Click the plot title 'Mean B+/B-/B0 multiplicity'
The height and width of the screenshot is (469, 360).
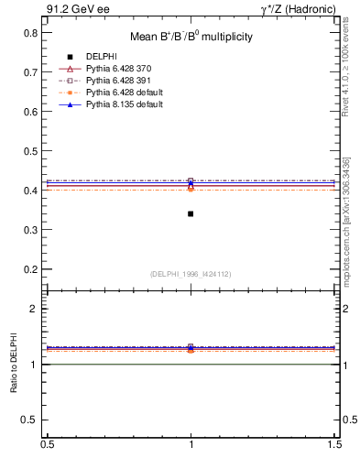[x=191, y=38]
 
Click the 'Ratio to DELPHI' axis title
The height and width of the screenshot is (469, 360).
[x=14, y=365]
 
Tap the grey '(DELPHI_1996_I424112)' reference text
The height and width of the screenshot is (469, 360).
[x=191, y=274]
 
